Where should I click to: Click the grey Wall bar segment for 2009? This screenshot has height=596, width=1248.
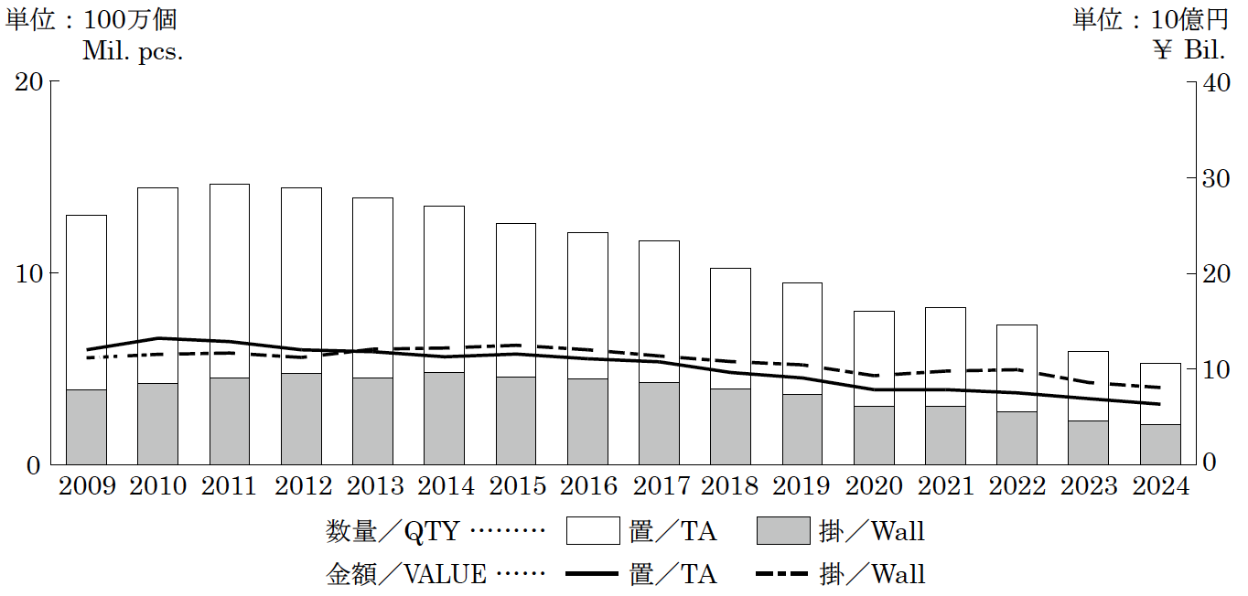[x=86, y=427]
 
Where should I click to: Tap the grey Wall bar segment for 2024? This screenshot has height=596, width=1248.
[x=1160, y=444]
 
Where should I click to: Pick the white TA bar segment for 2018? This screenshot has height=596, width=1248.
[x=730, y=328]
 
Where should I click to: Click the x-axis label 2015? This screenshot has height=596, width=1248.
[x=516, y=486]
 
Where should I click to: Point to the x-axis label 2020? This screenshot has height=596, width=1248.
[x=874, y=486]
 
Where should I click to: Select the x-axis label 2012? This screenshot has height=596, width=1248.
[x=301, y=486]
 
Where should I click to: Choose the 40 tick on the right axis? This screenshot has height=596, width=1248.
[x=1217, y=81]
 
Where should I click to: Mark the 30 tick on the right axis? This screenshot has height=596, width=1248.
[x=1217, y=177]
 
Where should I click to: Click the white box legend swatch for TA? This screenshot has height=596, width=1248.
[x=593, y=531]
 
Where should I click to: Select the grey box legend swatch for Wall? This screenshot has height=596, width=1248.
[x=783, y=531]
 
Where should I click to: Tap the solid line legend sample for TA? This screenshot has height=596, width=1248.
[x=593, y=575]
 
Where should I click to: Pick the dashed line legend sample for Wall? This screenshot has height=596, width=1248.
[x=783, y=575]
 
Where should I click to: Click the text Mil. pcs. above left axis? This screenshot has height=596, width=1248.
[x=133, y=51]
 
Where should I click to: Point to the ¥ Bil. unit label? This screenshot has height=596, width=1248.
[x=1189, y=51]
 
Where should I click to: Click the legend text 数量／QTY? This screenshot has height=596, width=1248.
[x=393, y=531]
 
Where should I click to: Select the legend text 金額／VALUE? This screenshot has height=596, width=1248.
[x=406, y=575]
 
